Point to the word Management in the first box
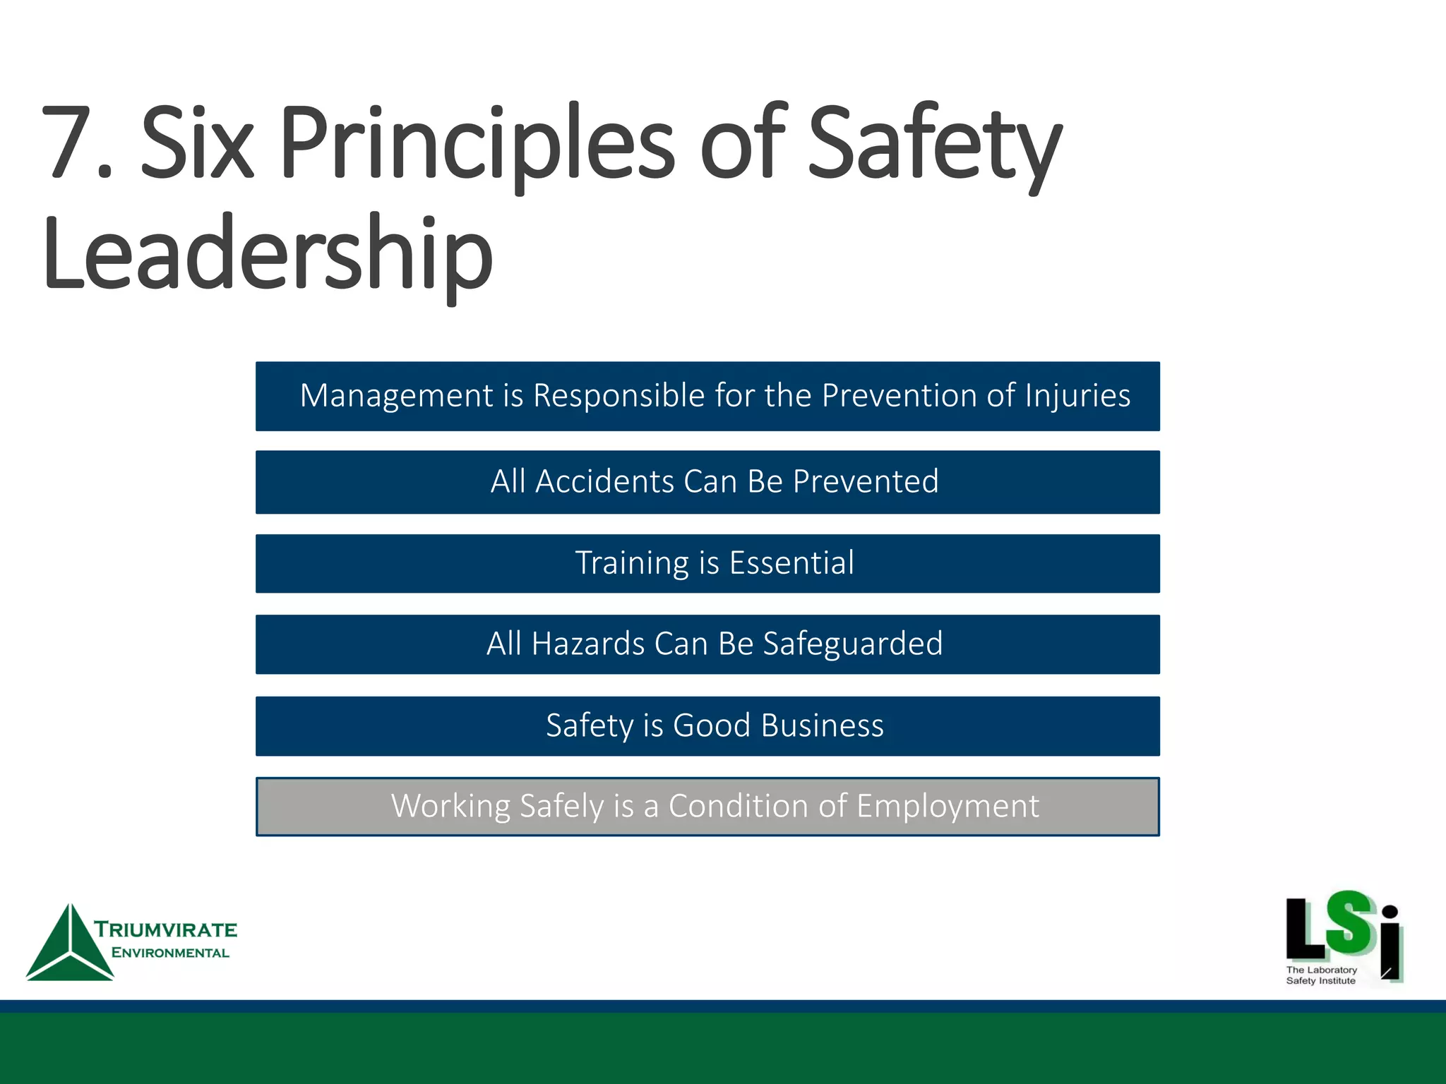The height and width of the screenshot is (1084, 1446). click(396, 396)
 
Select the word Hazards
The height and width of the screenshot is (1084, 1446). click(587, 644)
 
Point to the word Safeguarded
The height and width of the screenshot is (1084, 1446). click(852, 644)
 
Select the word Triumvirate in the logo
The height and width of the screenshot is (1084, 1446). click(166, 929)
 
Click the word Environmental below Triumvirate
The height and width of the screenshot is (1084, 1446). click(170, 953)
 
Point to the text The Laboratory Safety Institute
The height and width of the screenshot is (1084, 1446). click(1320, 975)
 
